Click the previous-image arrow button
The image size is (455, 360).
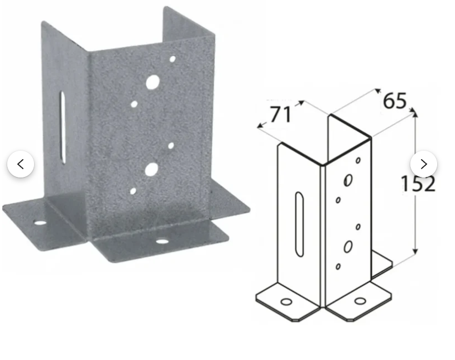tap(21, 164)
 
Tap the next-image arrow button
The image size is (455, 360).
tap(424, 164)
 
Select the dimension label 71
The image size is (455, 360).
tap(280, 114)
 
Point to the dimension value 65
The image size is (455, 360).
tap(395, 101)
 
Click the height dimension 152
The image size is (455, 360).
tap(418, 184)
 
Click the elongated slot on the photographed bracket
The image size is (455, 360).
tap(63, 128)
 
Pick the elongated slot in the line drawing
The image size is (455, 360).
tap(299, 224)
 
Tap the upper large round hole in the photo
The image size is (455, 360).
tap(152, 82)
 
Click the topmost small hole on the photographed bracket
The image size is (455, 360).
tap(173, 60)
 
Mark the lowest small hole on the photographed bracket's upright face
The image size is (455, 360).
tap(133, 191)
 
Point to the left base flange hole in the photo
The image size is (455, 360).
tap(40, 223)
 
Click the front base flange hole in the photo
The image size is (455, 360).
tap(162, 241)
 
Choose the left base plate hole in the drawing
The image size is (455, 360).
tap(286, 302)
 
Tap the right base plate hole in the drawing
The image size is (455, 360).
tap(361, 301)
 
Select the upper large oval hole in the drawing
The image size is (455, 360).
tap(348, 180)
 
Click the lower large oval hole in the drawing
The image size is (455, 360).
tap(348, 247)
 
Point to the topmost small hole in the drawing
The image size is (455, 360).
tap(358, 160)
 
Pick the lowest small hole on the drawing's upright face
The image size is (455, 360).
tap(338, 266)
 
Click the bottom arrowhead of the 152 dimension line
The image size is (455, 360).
tap(415, 252)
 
